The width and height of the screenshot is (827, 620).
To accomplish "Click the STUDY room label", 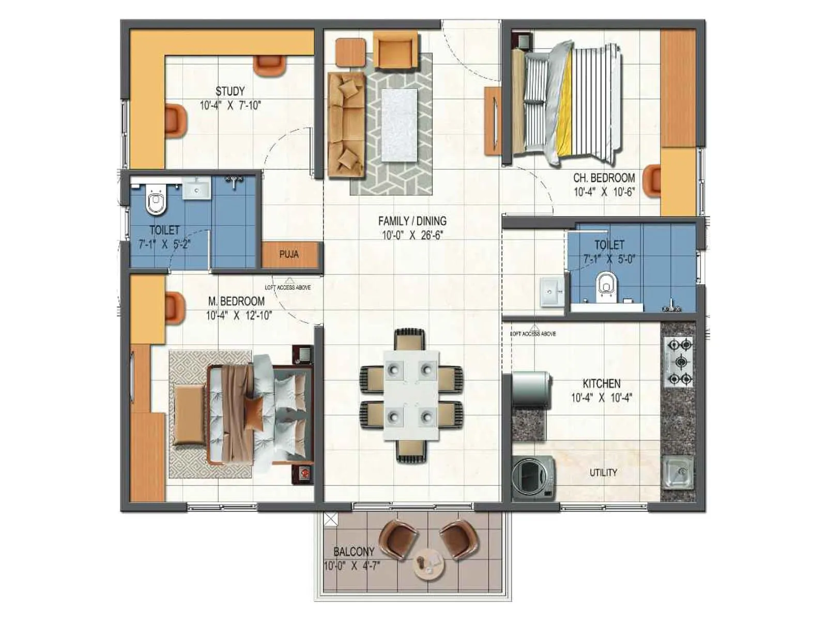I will click(230, 91).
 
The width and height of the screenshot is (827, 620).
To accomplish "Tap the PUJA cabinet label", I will click(288, 254).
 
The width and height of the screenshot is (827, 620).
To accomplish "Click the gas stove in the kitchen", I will click(678, 361).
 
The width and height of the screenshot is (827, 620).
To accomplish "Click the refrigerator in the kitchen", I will click(531, 389).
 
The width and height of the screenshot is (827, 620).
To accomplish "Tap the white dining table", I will click(411, 395).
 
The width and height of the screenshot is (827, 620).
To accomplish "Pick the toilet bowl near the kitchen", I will click(607, 287).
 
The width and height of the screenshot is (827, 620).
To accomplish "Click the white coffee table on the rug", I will click(399, 125).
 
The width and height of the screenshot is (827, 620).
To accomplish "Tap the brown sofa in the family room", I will click(345, 124).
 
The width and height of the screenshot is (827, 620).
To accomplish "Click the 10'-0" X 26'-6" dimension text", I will click(412, 235).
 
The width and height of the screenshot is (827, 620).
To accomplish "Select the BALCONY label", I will click(354, 551).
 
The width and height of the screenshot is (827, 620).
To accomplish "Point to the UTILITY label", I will click(603, 472).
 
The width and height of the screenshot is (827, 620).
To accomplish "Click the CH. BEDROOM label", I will click(603, 178).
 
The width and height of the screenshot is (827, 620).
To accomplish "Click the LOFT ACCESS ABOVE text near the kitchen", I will click(533, 334).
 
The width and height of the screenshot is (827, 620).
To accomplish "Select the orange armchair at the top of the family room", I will click(395, 50).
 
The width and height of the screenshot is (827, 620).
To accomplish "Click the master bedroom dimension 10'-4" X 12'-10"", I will click(239, 315).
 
